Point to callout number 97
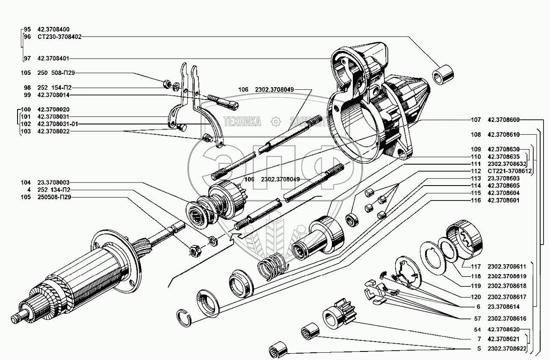pos(27,58)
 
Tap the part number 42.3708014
pos(53,94)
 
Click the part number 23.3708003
pos(53,183)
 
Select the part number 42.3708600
pos(503,120)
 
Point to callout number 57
pos(478,319)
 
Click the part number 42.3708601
pos(503,200)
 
